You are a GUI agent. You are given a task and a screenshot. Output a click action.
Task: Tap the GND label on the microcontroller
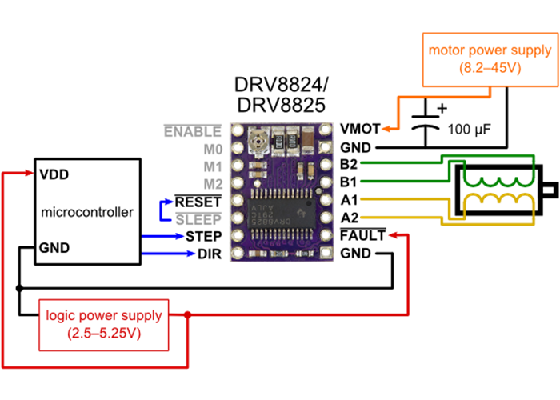point(54,248)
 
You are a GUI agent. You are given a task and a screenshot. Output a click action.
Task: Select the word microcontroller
point(87,212)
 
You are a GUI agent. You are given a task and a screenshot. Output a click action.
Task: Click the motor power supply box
point(490,59)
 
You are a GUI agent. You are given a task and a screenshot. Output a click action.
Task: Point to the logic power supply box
point(104,324)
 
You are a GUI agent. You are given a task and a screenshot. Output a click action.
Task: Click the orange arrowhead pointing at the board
point(386,128)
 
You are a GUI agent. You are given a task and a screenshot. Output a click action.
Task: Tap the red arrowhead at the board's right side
point(392,235)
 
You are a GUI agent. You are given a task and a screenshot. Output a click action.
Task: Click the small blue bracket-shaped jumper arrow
point(166,210)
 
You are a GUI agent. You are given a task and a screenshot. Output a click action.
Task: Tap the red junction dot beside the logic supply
point(187,315)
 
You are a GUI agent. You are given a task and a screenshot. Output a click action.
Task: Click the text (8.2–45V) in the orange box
point(490,69)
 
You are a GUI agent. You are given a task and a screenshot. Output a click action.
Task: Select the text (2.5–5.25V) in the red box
point(104,333)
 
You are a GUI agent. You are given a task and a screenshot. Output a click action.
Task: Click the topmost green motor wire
point(400,162)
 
